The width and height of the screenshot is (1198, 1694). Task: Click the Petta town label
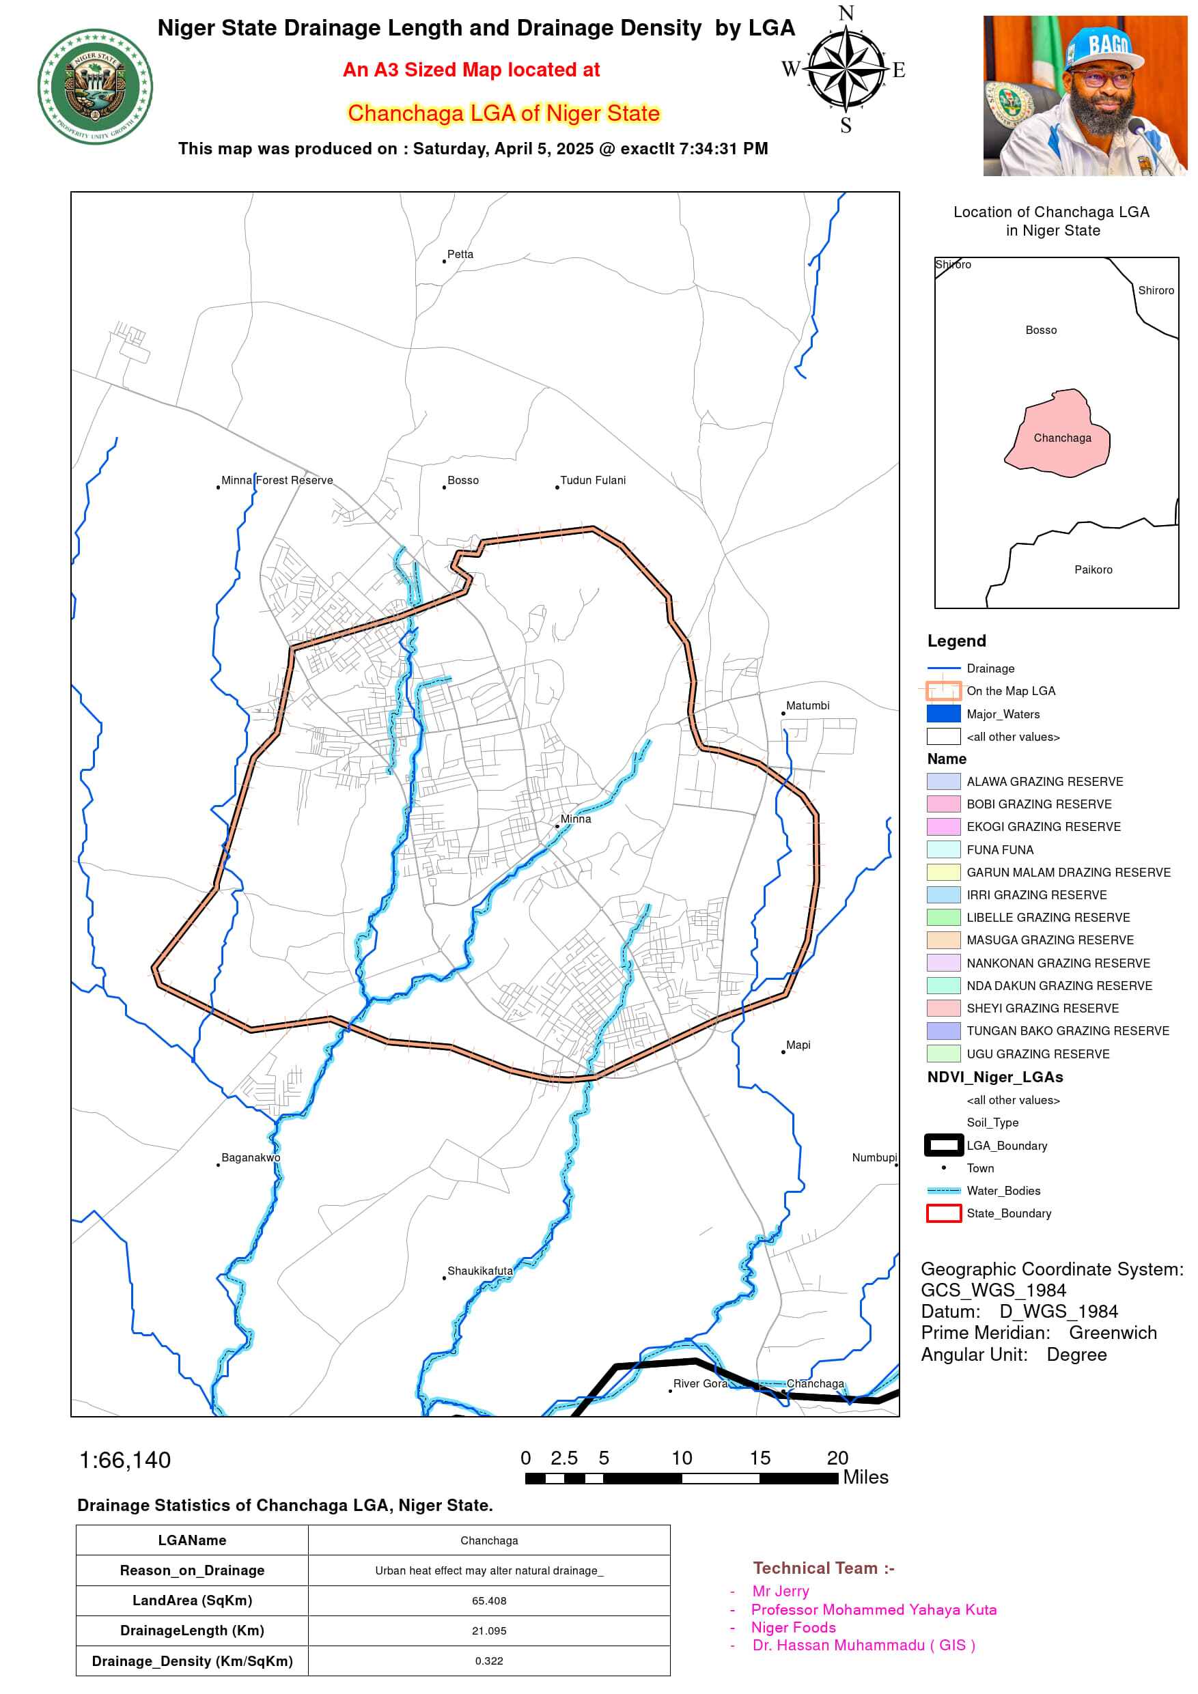(460, 255)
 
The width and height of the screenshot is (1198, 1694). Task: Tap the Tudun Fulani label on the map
(593, 480)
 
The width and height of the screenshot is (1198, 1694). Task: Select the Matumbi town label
(807, 706)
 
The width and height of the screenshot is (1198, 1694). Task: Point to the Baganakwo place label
(251, 1157)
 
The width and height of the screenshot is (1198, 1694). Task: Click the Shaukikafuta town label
(479, 1271)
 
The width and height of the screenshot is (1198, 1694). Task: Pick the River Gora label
(700, 1383)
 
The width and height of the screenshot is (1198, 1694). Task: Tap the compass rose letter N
(846, 13)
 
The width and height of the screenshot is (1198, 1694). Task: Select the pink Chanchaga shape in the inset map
(1058, 436)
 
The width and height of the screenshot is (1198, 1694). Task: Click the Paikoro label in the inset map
(1093, 569)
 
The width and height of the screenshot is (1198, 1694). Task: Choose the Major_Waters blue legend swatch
(943, 714)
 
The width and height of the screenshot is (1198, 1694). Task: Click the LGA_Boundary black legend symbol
(943, 1145)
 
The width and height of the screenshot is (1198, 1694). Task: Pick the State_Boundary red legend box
(943, 1213)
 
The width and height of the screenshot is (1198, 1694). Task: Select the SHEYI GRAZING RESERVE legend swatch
(943, 1008)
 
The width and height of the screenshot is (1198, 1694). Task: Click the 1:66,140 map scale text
(125, 1460)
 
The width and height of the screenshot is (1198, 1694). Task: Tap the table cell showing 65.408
(488, 1600)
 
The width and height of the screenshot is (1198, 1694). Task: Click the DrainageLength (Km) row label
(192, 1630)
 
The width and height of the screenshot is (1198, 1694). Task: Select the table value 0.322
(488, 1660)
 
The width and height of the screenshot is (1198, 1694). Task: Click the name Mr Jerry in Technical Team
(780, 1591)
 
